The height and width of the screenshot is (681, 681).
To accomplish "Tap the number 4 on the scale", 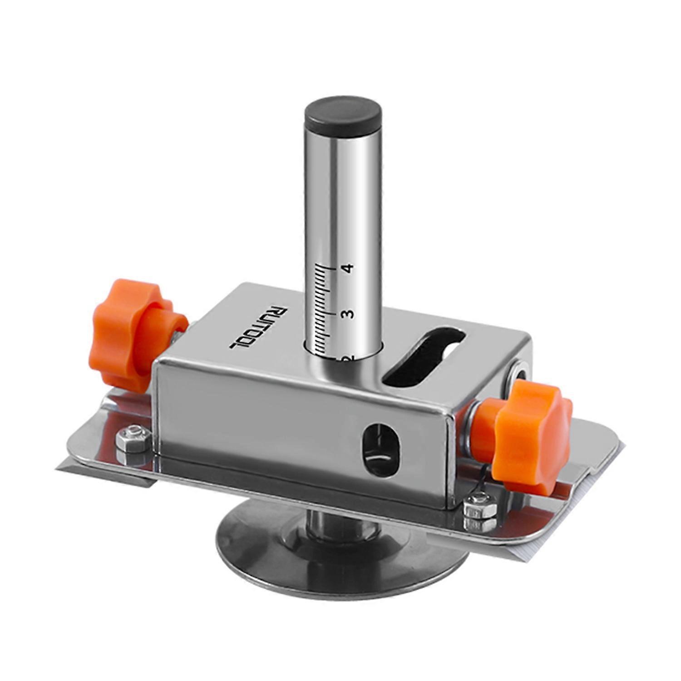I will click(349, 269).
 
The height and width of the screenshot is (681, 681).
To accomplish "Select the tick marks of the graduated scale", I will click(323, 309).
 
